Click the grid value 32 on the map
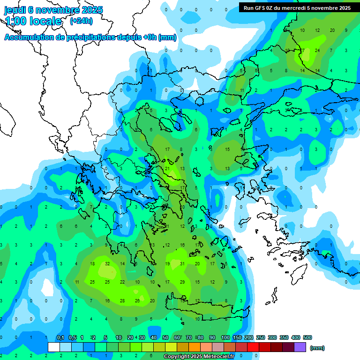107,264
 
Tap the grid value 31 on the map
182,264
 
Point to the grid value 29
182,282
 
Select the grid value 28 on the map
122,300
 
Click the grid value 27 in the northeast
302,51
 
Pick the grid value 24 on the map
317,51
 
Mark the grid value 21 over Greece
167,168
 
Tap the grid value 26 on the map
137,300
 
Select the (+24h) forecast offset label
81,21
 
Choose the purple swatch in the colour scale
300,347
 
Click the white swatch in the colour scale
54,347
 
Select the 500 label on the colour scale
307,337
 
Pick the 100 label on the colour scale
225,337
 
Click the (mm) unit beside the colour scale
317,348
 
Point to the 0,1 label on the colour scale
60,337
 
